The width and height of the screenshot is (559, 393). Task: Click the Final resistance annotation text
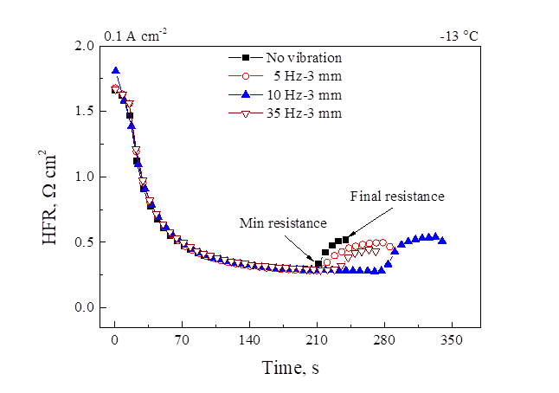pos(397,196)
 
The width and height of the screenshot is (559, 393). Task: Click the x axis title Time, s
pos(291,368)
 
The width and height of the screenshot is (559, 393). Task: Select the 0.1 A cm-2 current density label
pos(137,35)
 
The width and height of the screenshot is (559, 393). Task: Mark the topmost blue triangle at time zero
pos(115,70)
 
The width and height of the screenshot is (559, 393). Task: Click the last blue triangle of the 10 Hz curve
pos(442,241)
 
